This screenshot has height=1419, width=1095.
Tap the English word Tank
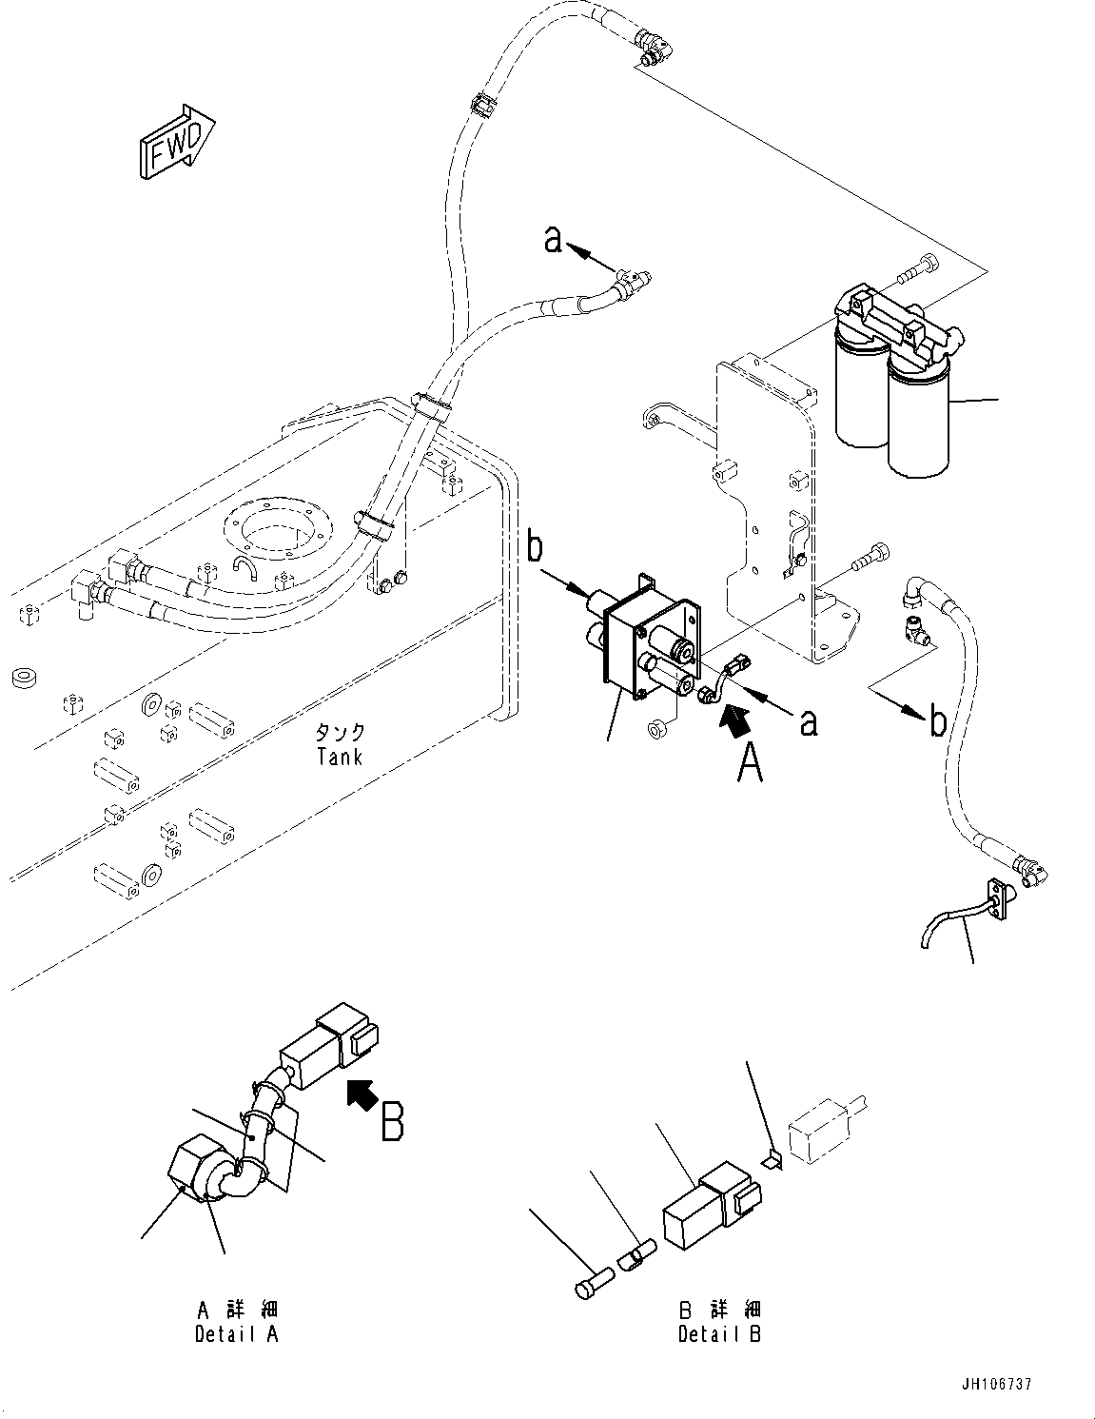point(340,758)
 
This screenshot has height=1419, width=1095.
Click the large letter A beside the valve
point(751,762)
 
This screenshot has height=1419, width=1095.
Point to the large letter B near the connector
point(392,1121)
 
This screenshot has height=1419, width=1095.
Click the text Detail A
point(236,1333)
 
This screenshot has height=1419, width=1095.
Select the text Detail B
point(719,1333)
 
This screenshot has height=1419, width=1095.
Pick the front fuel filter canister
point(919,422)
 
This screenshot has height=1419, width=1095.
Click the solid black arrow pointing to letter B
point(360,1094)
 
